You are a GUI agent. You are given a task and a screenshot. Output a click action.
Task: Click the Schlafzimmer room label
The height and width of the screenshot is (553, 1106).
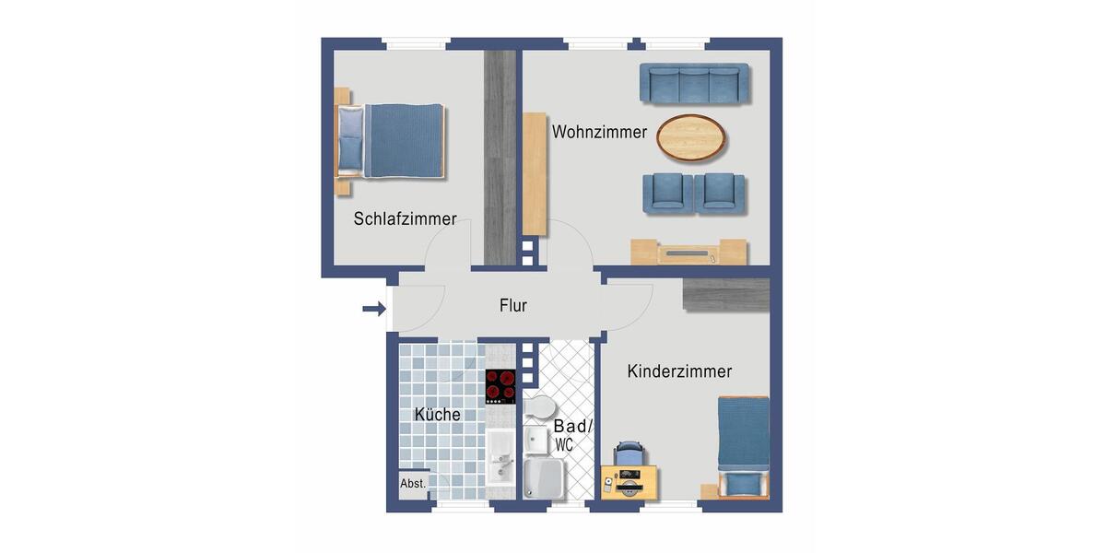pyautogui.click(x=405, y=219)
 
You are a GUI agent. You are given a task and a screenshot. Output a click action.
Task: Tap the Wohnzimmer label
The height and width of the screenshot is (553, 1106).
pyautogui.click(x=599, y=133)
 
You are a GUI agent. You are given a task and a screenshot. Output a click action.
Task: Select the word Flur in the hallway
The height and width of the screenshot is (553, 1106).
pyautogui.click(x=512, y=306)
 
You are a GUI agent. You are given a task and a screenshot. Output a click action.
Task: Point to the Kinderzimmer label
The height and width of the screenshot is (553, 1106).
pyautogui.click(x=679, y=371)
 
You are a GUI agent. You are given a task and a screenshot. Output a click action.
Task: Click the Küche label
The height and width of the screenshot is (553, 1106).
pyautogui.click(x=437, y=415)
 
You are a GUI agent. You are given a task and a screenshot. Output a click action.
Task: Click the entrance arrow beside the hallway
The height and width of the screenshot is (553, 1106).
pyautogui.click(x=373, y=309)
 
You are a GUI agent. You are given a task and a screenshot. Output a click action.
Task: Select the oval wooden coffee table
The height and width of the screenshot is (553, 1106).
pyautogui.click(x=690, y=137)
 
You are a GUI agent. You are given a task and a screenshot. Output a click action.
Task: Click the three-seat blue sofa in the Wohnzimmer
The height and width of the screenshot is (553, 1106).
pyautogui.click(x=694, y=84)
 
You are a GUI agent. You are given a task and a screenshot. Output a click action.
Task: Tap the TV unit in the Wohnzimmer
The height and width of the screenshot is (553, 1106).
pyautogui.click(x=688, y=252)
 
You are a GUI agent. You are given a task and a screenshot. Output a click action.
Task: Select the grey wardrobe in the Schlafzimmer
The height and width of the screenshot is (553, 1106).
pyautogui.click(x=500, y=157)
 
